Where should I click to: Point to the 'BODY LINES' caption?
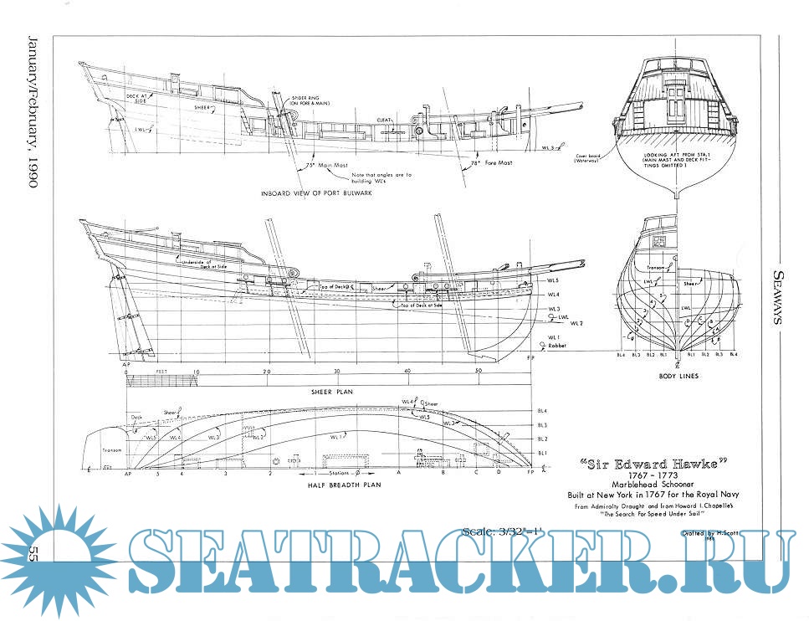coord(678,376)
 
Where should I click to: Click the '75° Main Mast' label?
coord(325,166)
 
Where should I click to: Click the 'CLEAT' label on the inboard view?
coord(384,120)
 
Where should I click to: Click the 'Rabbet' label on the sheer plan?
coord(558,343)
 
